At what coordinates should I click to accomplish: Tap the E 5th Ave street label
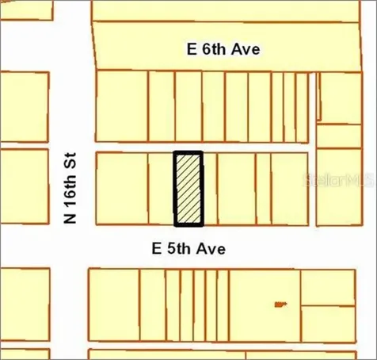pyautogui.click(x=189, y=249)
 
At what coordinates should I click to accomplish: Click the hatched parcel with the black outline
pyautogui.click(x=188, y=188)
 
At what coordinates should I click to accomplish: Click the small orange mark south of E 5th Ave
pyautogui.click(x=279, y=304)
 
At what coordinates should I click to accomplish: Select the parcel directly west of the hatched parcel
pyautogui.click(x=161, y=188)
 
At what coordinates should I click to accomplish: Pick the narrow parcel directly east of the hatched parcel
pyautogui.click(x=210, y=188)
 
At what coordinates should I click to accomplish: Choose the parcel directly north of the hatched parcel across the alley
pyautogui.click(x=188, y=106)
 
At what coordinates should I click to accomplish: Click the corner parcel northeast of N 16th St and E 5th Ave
pyautogui.click(x=121, y=188)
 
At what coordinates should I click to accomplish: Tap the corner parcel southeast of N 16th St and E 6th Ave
pyautogui.click(x=122, y=106)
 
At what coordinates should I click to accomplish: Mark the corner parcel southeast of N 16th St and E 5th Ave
pyautogui.click(x=113, y=305)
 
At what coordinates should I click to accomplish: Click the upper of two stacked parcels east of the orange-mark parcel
pyautogui.click(x=328, y=286)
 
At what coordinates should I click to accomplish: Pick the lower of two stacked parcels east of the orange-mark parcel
pyautogui.click(x=328, y=323)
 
